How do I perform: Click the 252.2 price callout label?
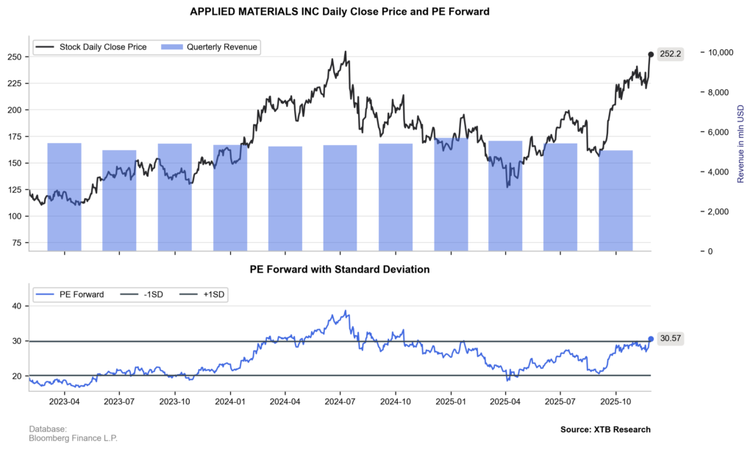coord(670,54)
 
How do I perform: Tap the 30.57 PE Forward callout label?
coord(670,339)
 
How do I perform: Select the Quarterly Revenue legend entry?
coord(221,47)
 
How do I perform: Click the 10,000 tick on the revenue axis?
coord(721,52)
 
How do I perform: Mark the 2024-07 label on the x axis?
coord(340,402)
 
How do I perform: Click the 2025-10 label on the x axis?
coord(616,402)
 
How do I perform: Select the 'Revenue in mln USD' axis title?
coord(740,143)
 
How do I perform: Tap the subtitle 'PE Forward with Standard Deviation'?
coord(339,270)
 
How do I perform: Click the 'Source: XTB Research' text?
coord(604,429)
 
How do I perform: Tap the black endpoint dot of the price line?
coord(651,54)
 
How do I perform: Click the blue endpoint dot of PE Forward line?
coord(651,339)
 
